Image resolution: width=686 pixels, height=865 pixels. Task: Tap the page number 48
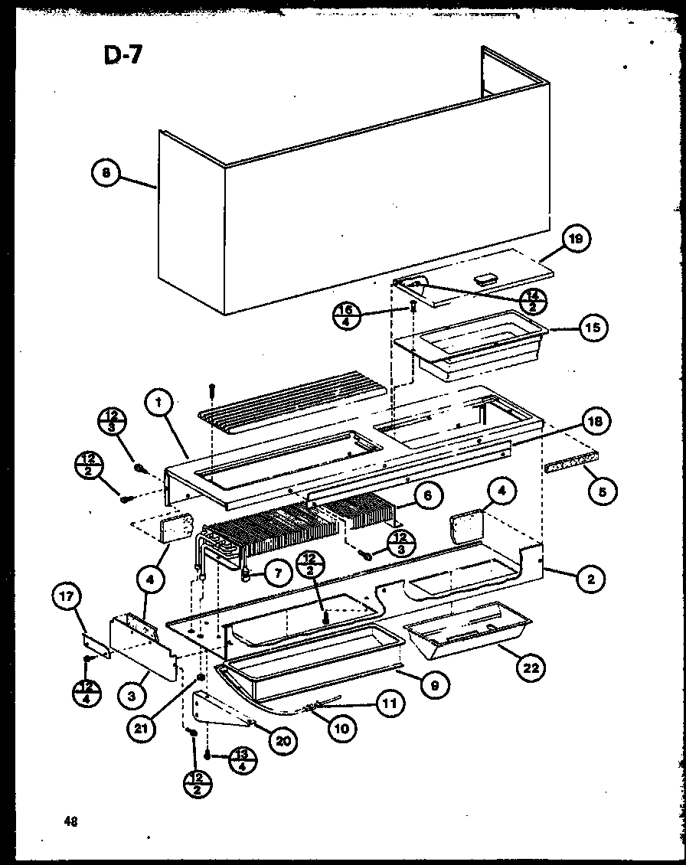coord(70,822)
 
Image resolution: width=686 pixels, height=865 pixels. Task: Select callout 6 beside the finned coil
coord(427,496)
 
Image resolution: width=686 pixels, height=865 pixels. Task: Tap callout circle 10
coord(341,728)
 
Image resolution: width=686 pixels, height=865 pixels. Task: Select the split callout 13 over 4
coord(242,761)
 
